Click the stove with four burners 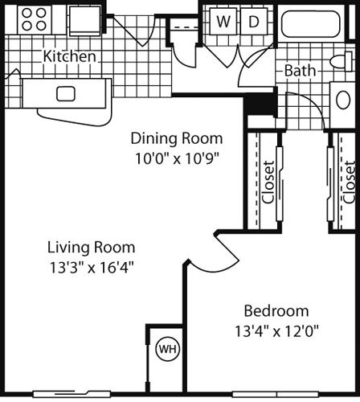pos(34,19)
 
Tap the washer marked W pos(223,22)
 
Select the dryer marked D pos(253,22)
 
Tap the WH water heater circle pos(167,349)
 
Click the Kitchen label pos(70,57)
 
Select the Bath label pos(300,71)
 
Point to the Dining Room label pos(177,137)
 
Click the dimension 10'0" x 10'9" pos(177,158)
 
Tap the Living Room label pos(90,247)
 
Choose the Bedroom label pos(276,310)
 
